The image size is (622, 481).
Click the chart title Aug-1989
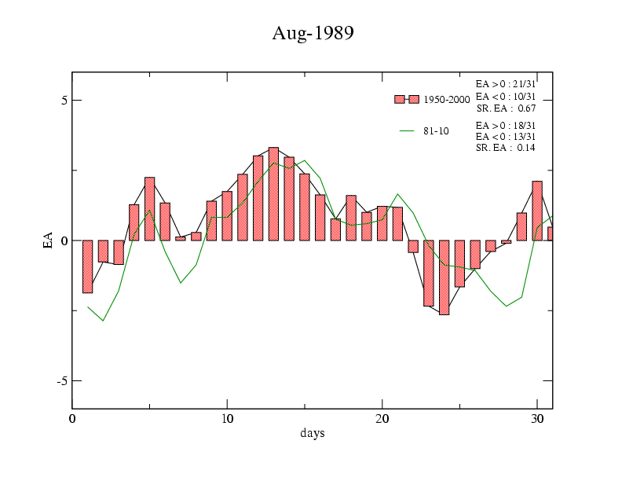313,33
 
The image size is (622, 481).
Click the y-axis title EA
48,240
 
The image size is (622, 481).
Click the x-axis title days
312,433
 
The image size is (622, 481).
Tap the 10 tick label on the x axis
227,419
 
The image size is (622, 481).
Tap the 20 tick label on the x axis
382,419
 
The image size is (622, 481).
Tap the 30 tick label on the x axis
537,419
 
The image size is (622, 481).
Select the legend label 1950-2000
446,100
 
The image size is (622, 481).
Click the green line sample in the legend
407,130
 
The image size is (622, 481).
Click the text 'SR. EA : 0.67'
506,108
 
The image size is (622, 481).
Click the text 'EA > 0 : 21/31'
506,83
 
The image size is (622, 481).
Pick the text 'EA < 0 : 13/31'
506,137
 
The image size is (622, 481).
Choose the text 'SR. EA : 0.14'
506,148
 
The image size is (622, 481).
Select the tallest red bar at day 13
273,193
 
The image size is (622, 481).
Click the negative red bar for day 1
88,266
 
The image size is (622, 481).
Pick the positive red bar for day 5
149,209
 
